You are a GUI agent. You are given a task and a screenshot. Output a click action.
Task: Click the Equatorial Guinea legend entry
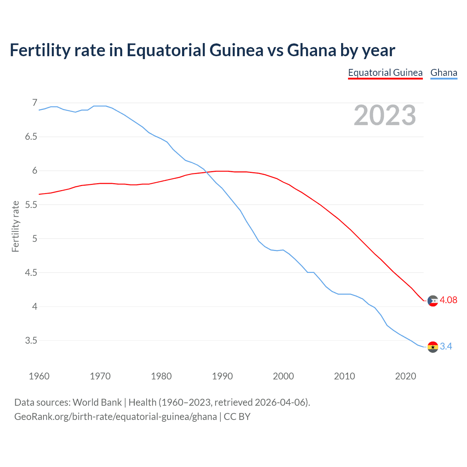[x=385, y=73]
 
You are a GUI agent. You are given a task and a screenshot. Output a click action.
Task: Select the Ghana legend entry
[x=444, y=73]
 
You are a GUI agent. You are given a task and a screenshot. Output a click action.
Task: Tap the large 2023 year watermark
[x=385, y=116]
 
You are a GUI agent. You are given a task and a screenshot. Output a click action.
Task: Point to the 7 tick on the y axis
[x=35, y=103]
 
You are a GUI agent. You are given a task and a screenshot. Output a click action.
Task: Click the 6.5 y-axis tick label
[x=31, y=137]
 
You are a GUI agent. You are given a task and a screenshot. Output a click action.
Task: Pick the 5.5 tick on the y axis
[x=31, y=205]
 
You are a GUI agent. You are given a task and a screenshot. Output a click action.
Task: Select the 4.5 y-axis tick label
[x=31, y=273]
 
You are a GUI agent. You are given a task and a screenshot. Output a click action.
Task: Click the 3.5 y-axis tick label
[x=31, y=340]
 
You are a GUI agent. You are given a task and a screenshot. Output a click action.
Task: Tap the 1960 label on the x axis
[x=39, y=376]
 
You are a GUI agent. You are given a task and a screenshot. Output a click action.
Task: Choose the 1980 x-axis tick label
[x=161, y=376]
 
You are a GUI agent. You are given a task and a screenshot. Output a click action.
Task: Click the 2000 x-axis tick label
[x=283, y=376]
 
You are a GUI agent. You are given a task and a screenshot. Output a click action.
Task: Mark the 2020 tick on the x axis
[x=405, y=376]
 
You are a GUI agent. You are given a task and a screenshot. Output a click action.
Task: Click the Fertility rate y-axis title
[x=15, y=226]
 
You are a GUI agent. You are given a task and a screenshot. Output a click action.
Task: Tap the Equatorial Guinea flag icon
[x=433, y=301]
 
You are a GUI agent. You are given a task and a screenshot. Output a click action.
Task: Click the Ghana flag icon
[x=433, y=347]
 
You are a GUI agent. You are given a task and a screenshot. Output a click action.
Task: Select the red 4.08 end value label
[x=448, y=300]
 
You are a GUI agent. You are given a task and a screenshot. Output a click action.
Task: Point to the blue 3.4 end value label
[x=446, y=346]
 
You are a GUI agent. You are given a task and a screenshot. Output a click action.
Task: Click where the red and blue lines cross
[x=207, y=172]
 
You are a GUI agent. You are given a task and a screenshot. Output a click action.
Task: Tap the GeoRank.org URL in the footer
[x=115, y=417]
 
